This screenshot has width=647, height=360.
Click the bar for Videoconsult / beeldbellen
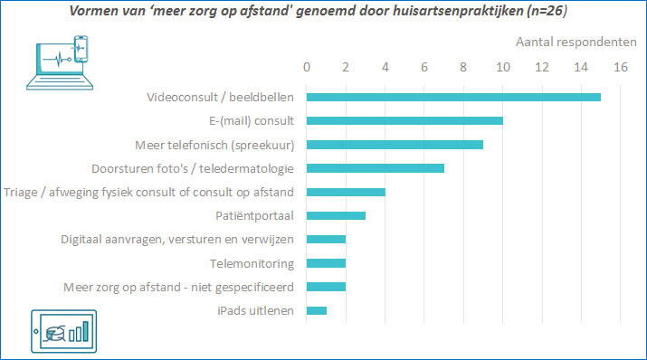(x=453, y=97)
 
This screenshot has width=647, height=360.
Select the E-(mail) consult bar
(x=404, y=120)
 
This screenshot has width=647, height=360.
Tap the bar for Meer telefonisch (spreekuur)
(x=395, y=144)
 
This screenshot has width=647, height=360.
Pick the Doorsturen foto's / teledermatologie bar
(x=376, y=167)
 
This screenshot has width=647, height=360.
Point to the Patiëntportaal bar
(x=336, y=215)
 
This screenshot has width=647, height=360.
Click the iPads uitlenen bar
(x=317, y=310)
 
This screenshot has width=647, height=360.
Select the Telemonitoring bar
(x=326, y=263)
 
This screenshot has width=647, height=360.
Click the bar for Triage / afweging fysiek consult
(x=346, y=192)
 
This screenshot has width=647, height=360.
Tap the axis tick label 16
(x=620, y=67)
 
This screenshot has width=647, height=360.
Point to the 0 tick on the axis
(x=307, y=67)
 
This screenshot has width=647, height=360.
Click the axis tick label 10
(x=502, y=67)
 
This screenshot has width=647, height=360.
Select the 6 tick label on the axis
(x=424, y=67)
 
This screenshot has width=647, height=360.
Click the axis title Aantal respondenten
(x=575, y=42)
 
